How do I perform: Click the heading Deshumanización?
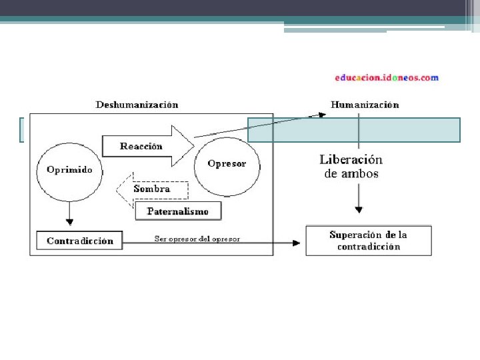click(x=137, y=105)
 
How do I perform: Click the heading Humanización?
click(x=365, y=105)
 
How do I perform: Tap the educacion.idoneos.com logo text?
click(x=387, y=77)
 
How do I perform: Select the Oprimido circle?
click(x=69, y=169)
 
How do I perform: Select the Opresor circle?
click(x=227, y=164)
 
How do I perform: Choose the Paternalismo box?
click(x=177, y=211)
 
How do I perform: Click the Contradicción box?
click(x=80, y=241)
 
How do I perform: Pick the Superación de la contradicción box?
click(x=368, y=241)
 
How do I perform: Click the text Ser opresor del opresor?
click(x=197, y=239)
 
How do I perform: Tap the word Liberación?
click(x=351, y=160)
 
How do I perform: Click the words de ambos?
click(x=351, y=174)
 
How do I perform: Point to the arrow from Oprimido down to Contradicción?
click(x=69, y=213)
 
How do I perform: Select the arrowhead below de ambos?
click(x=359, y=209)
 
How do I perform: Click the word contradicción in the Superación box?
click(x=368, y=247)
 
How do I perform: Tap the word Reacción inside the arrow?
click(x=141, y=146)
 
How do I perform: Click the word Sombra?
click(x=152, y=189)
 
